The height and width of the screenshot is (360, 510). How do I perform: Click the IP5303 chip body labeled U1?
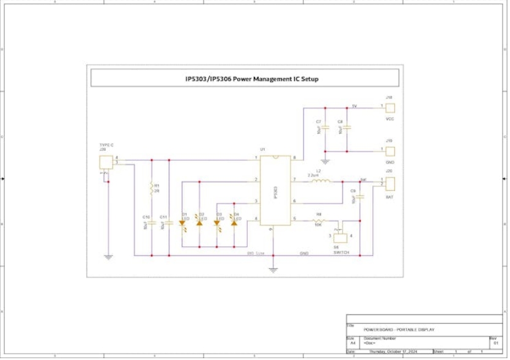pos(275,190)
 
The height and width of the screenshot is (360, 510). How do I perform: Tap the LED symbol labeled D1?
pos(182,223)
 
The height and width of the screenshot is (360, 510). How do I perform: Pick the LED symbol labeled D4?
pos(234,223)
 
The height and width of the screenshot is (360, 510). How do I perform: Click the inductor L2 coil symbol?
pos(321,180)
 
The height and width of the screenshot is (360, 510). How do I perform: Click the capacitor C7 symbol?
pos(325,128)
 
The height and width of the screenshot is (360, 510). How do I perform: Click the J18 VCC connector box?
pos(390,108)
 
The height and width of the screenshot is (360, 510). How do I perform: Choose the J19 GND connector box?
pos(390,151)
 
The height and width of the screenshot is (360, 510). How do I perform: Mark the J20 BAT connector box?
pos(390,183)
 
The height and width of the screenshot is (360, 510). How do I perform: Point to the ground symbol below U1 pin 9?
pos(273,268)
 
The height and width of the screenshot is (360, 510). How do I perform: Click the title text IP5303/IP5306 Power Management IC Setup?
pos(252,79)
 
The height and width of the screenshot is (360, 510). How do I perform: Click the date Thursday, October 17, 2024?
pos(393,351)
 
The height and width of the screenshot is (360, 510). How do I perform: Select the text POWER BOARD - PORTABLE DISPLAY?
pos(399,330)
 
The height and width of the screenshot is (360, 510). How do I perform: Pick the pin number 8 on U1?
pos(294,158)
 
